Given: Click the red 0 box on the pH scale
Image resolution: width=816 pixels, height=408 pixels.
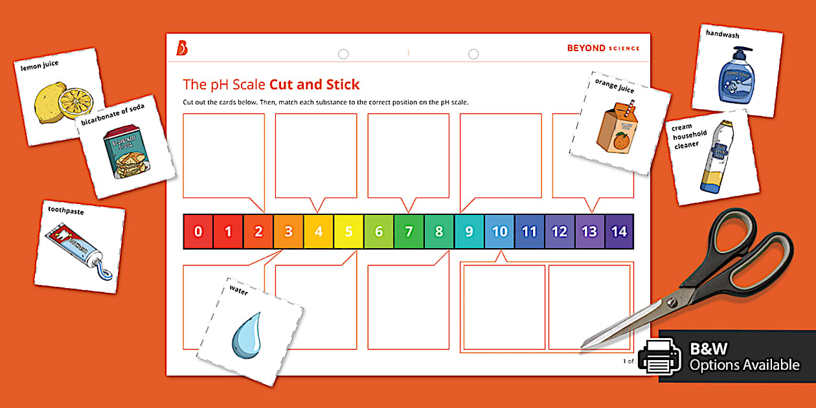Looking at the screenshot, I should point(198,232).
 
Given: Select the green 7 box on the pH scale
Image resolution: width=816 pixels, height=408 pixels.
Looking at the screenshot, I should point(409,232).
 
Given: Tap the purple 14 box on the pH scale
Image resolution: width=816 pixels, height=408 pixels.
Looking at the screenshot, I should point(619,232).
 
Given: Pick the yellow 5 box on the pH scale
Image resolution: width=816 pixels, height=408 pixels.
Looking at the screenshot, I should point(348,232).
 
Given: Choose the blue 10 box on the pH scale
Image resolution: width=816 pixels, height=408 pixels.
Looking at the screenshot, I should point(499,232).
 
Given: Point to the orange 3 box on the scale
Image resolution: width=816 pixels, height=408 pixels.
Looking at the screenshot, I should point(288,232).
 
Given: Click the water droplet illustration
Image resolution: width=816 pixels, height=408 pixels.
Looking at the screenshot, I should point(246,334).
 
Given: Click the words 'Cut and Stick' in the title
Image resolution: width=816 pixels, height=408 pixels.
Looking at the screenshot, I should point(314,84).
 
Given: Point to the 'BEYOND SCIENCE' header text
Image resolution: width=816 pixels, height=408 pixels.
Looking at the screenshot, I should point(602,48).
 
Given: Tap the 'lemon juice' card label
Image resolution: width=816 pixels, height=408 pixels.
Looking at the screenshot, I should point(40,66).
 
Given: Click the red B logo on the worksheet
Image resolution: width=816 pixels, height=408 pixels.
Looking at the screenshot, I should point(182,49).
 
